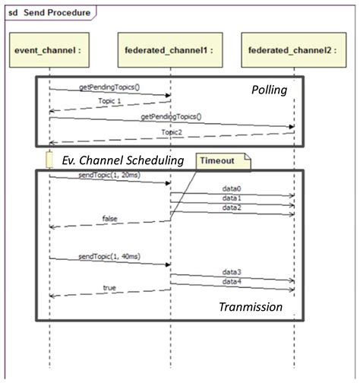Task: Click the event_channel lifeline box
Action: (49, 50)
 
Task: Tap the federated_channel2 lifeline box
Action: (294, 50)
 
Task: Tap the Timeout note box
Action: (223, 159)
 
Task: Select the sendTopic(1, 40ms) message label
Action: (106, 256)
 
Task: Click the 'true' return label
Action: (111, 288)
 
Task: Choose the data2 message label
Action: (231, 207)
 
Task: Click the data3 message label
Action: (231, 271)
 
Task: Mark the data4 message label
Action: (231, 281)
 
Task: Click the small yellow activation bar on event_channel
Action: (49, 160)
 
